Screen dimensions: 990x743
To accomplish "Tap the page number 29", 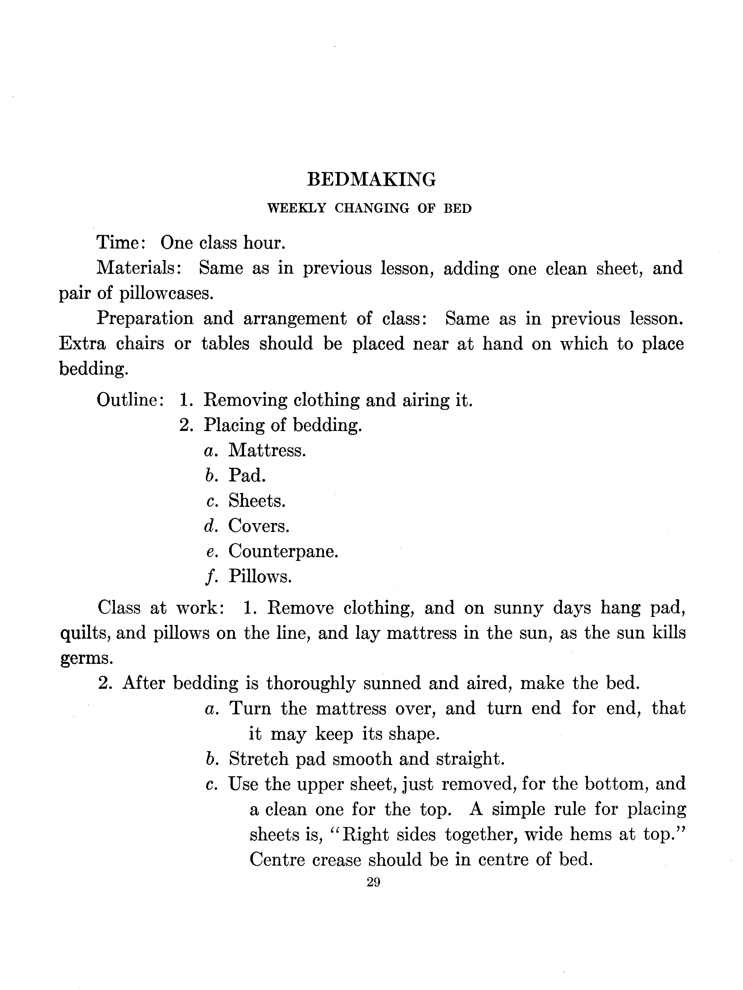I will click(x=373, y=882).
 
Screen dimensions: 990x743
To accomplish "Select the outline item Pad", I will click(x=247, y=475).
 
